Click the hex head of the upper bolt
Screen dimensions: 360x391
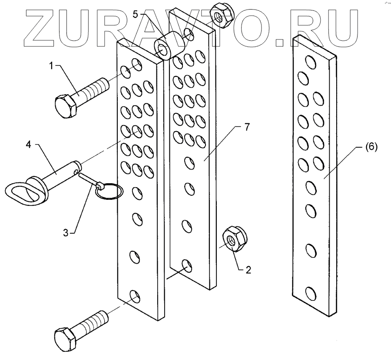[x=66, y=105]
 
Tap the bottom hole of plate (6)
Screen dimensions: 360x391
[x=311, y=293]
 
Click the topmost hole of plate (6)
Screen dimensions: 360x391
[x=311, y=62]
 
